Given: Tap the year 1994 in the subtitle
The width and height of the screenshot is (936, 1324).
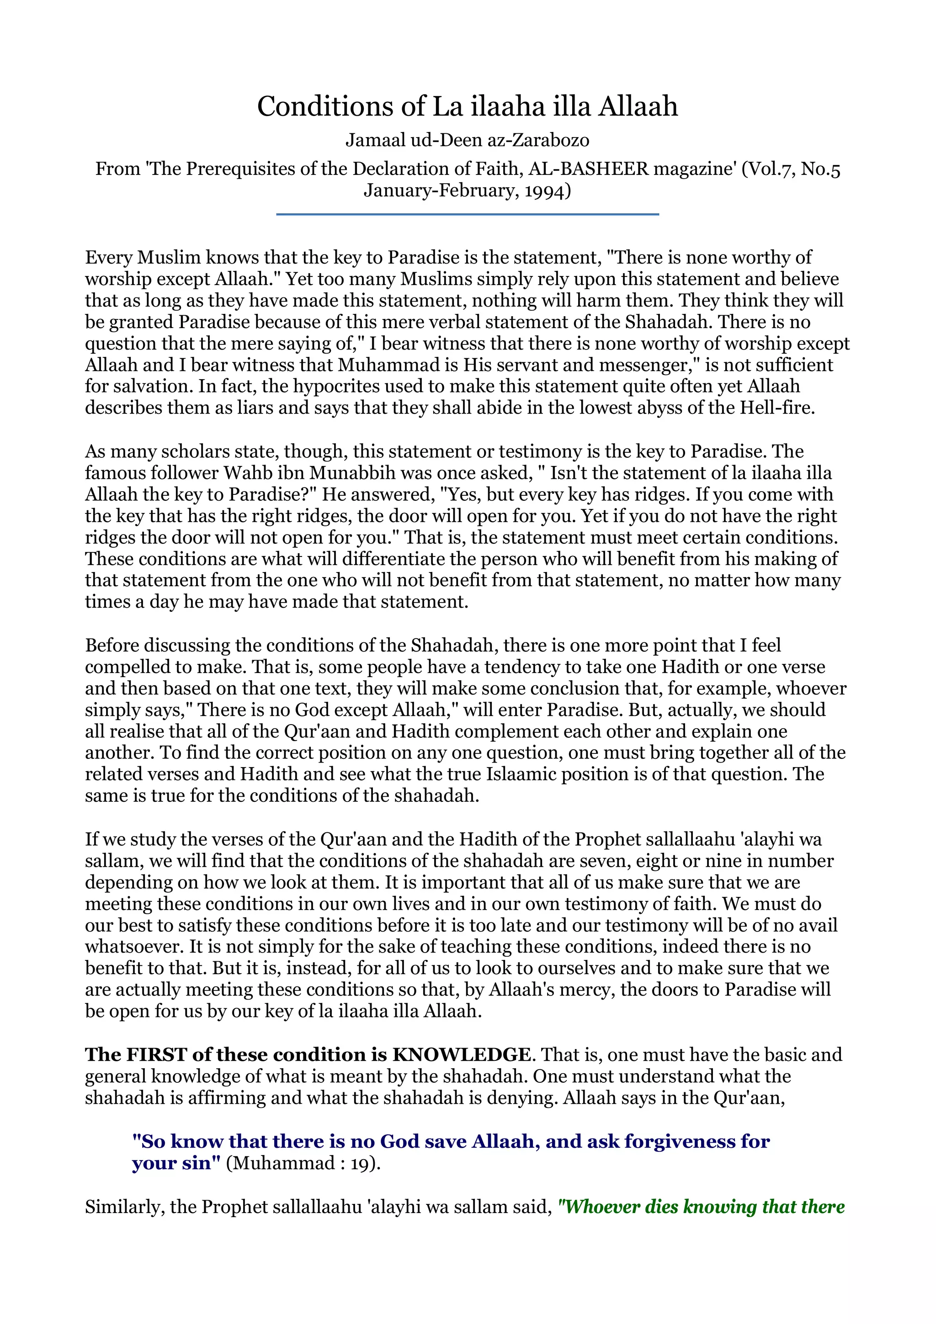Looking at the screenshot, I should (x=545, y=191).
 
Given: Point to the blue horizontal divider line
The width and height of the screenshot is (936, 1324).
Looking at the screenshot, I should (x=467, y=215).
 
